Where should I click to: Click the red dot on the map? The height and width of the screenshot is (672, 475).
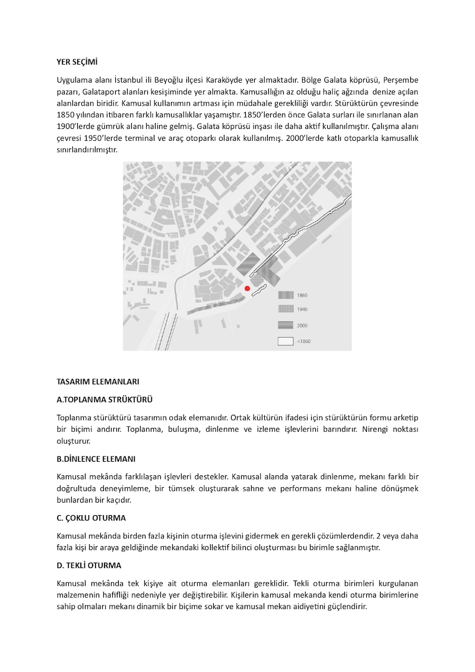[248, 288]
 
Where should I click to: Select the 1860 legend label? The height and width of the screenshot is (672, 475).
[302, 295]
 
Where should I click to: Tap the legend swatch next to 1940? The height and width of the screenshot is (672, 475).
[286, 309]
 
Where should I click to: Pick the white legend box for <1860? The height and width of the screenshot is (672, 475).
[286, 342]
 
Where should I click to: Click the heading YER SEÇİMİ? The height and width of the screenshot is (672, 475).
[77, 61]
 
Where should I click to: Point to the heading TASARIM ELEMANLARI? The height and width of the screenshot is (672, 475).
[97, 381]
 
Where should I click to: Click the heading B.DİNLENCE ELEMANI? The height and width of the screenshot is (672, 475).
[96, 459]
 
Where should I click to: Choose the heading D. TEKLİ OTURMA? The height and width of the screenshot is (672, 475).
[89, 564]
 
